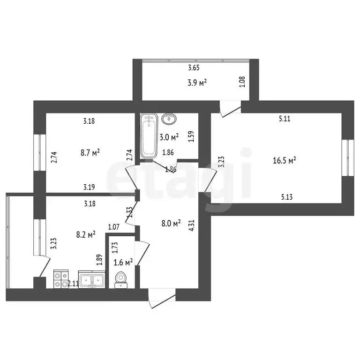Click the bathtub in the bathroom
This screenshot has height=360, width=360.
pos(149,135)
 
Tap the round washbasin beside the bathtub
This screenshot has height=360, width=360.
pos(169,119)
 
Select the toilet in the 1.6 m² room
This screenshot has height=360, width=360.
pos(121,280)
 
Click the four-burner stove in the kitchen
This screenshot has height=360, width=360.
pos(61,279)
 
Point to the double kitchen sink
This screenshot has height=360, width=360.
pos(91,279)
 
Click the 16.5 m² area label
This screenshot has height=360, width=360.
pos(284,160)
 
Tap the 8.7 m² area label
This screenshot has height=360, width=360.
pos(90,153)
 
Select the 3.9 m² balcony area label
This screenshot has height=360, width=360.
pos(197,82)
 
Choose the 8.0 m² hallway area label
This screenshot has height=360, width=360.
pos(171,223)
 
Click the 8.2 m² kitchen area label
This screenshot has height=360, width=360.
pos(86,235)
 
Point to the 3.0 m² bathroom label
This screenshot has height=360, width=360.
pos(169,137)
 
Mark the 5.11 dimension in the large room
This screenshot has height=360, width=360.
pos(285,119)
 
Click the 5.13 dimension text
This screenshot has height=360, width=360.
pos(287,197)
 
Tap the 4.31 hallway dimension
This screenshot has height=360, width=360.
pos(192,225)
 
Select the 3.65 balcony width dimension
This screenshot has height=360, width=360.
pos(194,67)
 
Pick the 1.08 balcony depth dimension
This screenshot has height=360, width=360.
pos(243,82)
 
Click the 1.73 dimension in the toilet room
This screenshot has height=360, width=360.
pos(115,247)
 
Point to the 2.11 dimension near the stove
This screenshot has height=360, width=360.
pos(73,284)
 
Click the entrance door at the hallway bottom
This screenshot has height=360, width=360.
pos(162,299)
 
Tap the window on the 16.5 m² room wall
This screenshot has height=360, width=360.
pos(348,157)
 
